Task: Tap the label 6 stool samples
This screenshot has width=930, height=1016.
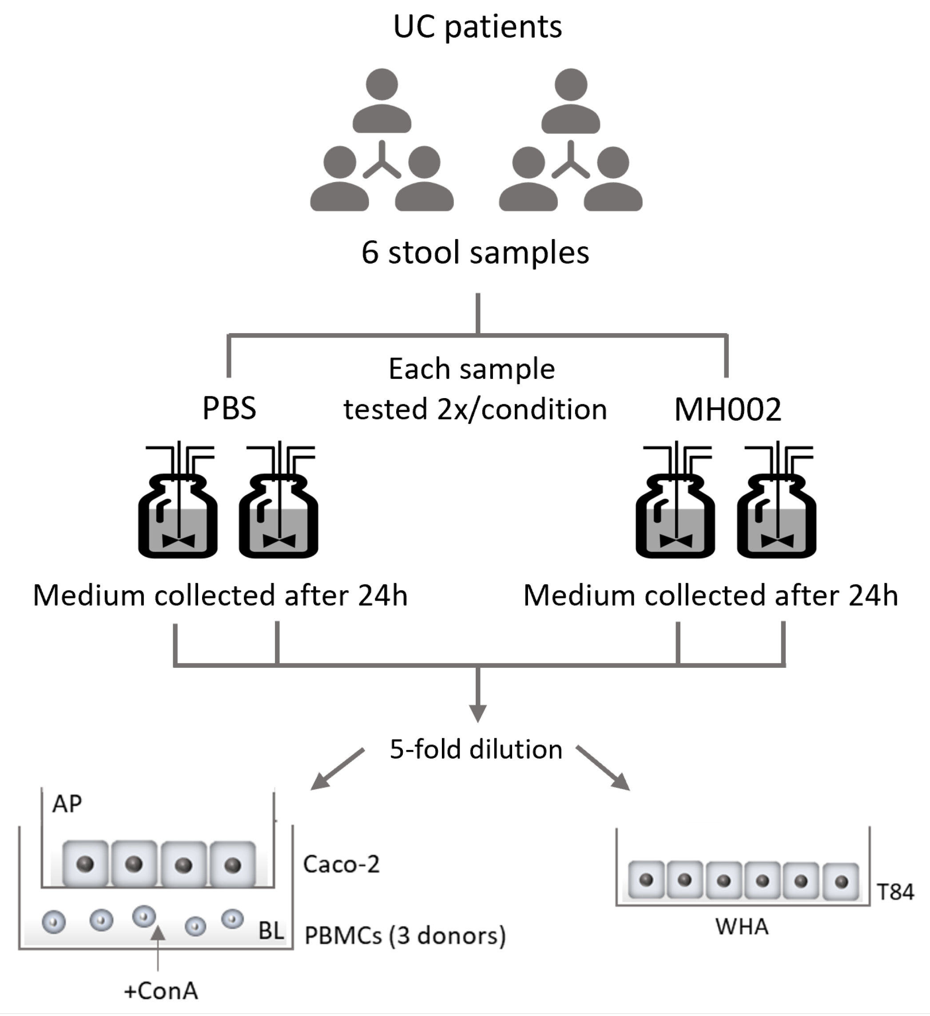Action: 475,252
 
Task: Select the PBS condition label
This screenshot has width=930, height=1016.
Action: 229,408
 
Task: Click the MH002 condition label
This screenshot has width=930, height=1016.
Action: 727,409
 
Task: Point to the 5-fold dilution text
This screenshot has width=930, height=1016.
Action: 476,749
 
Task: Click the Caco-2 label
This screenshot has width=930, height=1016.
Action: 341,865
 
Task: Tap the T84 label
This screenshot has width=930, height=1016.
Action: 895,892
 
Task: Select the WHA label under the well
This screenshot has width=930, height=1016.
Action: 742,927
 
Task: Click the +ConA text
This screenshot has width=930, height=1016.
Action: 161,991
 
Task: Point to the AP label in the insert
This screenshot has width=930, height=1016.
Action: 67,804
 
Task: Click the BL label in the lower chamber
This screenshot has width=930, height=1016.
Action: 270,931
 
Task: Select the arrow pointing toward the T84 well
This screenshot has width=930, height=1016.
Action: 603,768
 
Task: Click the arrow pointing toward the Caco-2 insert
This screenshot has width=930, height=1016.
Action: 337,769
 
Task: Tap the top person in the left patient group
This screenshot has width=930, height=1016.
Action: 382,101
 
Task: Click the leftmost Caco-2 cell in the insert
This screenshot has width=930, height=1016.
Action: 85,863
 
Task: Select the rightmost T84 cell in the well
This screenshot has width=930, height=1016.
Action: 840,881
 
